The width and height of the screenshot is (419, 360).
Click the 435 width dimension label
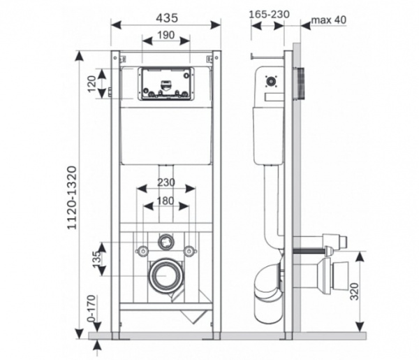167,18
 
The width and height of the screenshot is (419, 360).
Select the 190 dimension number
166,35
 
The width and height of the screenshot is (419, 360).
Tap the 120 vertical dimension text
91,84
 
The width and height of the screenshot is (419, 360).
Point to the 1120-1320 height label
72,198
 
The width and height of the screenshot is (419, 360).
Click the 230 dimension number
166,182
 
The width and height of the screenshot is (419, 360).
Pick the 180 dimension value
166,201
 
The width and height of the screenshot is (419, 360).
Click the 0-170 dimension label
91,308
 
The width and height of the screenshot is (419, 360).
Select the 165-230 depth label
269,15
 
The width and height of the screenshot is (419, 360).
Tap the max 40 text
329,20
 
